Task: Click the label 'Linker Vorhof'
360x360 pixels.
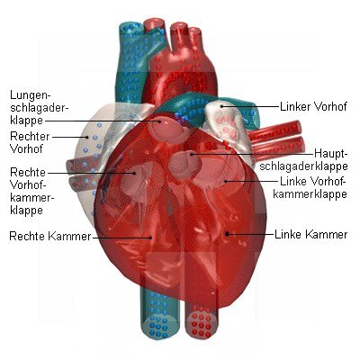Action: pos(313,106)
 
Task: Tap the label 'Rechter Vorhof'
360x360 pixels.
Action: pos(30,142)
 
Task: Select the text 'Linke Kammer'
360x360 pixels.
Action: pos(311,234)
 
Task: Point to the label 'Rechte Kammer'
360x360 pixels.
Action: pos(50,236)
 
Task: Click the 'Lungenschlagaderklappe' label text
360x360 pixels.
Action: pos(38,108)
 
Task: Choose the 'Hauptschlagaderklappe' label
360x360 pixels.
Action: pos(303,159)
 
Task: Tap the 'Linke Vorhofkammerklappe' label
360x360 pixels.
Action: pos(310,187)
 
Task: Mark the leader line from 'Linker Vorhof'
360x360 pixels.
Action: pos(250,106)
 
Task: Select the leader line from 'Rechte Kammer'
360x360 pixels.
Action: pos(122,238)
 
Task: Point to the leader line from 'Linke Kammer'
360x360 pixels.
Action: pos(250,234)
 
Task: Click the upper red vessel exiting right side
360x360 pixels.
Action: pos(276,132)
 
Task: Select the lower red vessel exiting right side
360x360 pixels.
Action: pos(279,149)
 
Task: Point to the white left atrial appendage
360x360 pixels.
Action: pos(226,123)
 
